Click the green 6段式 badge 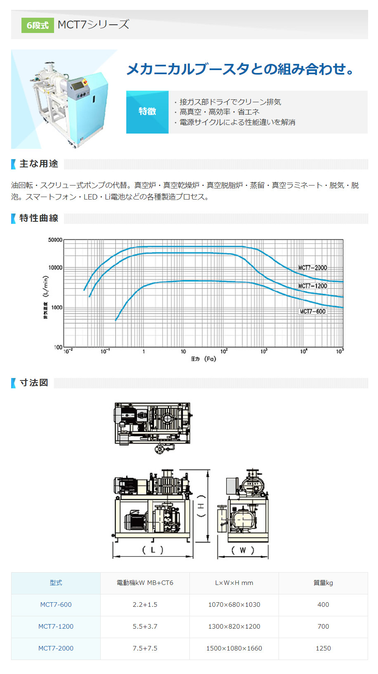[38, 26]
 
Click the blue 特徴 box [147, 112]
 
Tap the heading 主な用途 [39, 164]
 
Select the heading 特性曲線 [39, 218]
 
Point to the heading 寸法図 [34, 383]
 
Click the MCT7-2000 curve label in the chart [312, 268]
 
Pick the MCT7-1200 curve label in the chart [312, 286]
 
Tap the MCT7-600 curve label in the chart [312, 312]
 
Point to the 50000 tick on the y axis [55, 240]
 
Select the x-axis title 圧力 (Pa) [203, 359]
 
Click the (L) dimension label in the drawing [153, 550]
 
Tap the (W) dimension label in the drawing [243, 550]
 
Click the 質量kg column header [323, 583]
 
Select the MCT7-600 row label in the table [56, 605]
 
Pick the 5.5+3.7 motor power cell [145, 627]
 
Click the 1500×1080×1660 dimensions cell [234, 648]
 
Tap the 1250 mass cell [323, 648]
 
